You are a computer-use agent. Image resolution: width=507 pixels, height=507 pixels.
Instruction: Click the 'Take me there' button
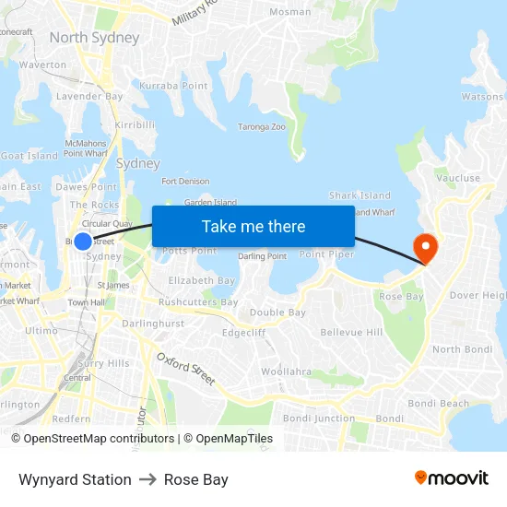pyautogui.click(x=253, y=226)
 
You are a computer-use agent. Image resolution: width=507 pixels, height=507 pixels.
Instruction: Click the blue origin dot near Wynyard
pyautogui.click(x=83, y=242)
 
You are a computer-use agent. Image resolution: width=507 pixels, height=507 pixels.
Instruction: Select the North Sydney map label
pyautogui.click(x=94, y=38)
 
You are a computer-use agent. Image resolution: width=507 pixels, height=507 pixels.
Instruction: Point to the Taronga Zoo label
pyautogui.click(x=262, y=127)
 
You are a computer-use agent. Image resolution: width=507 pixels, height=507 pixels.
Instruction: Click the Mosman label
pyautogui.click(x=289, y=12)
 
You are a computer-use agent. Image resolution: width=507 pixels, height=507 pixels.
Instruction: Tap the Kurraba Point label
pyautogui.click(x=173, y=86)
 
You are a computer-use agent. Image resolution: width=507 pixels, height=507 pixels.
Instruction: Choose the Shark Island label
pyautogui.click(x=360, y=195)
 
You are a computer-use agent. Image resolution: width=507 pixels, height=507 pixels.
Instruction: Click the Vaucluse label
pyautogui.click(x=458, y=178)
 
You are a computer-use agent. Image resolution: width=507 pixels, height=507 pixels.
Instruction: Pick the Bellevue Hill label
pyautogui.click(x=351, y=332)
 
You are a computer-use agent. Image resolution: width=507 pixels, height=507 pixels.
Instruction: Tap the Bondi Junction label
pyautogui.click(x=318, y=419)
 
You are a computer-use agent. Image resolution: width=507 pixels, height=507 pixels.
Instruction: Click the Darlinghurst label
pyautogui.click(x=153, y=324)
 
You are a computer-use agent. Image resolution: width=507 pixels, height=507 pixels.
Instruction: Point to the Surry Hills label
pyautogui.click(x=103, y=363)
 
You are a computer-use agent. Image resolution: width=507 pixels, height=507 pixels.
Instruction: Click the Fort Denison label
pyautogui.click(x=185, y=182)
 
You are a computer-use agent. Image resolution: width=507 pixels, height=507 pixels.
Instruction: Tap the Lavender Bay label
pyautogui.click(x=89, y=96)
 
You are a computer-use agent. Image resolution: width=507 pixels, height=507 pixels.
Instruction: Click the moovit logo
pyautogui.click(x=451, y=478)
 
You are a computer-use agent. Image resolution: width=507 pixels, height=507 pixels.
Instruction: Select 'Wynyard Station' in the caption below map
pyautogui.click(x=75, y=479)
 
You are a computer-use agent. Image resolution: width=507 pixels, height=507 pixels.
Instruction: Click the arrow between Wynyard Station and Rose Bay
pyautogui.click(x=147, y=479)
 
